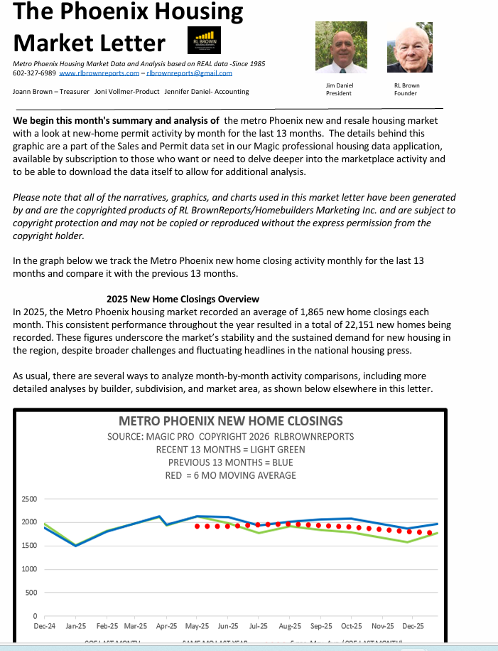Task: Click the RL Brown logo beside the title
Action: (x=206, y=41)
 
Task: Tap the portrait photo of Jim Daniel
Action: (x=341, y=48)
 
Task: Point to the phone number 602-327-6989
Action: (x=34, y=73)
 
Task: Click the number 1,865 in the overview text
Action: (x=305, y=312)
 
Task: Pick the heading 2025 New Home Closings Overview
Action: (x=183, y=300)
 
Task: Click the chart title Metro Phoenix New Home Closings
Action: (x=231, y=421)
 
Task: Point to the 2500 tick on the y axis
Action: (x=28, y=499)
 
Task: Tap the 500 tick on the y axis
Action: (x=31, y=593)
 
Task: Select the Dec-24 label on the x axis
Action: (x=44, y=626)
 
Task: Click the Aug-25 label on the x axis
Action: (x=290, y=626)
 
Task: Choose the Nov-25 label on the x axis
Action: (x=383, y=626)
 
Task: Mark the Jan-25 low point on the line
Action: (x=76, y=546)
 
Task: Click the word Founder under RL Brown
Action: (x=405, y=93)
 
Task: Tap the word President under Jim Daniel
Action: (x=339, y=93)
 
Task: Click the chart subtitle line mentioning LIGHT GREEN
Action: (x=231, y=450)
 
